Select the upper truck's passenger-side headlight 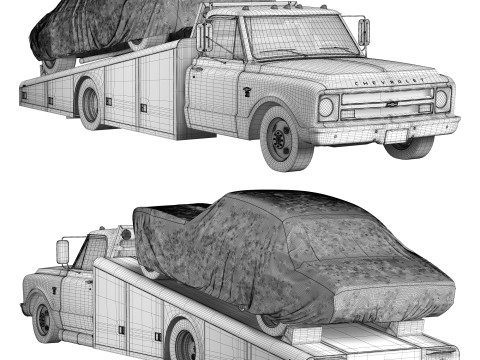coord(325,107)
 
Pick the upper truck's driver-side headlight coord(441,99)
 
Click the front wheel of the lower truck coord(45,320)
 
